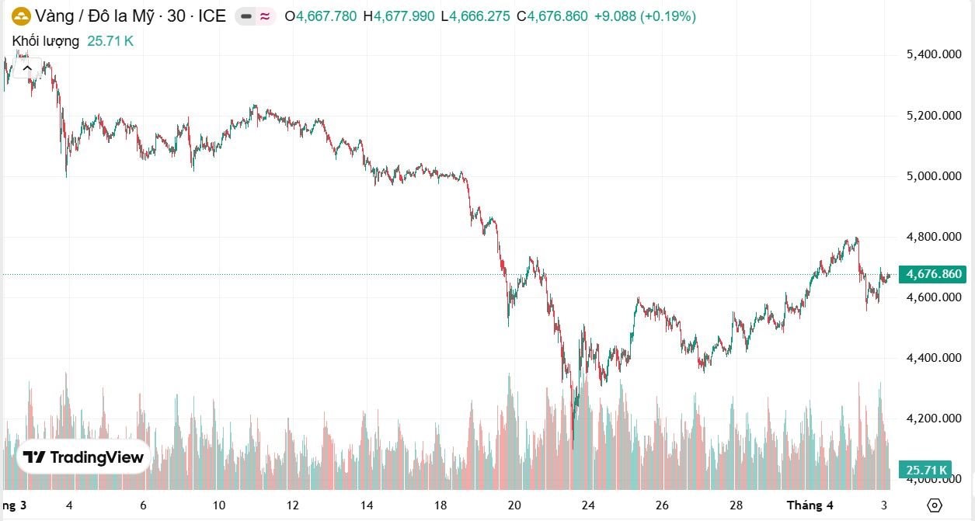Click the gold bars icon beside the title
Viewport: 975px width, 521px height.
point(21,16)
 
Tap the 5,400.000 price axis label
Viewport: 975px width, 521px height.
point(935,54)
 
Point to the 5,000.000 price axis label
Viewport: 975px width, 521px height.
point(935,176)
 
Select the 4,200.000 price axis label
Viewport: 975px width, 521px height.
point(935,419)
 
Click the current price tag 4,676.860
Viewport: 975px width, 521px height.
point(932,274)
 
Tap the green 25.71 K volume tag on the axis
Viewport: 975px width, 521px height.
point(925,470)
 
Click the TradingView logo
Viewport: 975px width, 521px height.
point(83,457)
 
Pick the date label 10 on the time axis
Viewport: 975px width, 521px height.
point(218,505)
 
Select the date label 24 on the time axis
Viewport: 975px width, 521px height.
point(588,505)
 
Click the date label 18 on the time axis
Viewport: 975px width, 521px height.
point(440,505)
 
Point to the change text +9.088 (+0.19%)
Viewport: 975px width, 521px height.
point(645,16)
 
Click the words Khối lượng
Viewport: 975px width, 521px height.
point(45,41)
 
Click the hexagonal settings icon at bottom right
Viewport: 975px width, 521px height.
point(935,505)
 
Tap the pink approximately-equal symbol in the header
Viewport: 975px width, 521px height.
point(265,16)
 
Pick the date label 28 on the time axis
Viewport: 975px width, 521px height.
point(736,505)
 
